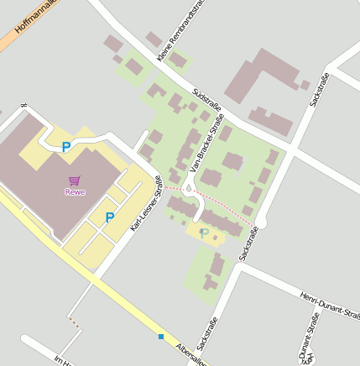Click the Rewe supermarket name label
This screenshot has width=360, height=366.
click(x=75, y=191)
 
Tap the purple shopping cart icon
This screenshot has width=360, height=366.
click(x=75, y=180)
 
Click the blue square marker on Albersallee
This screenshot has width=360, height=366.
click(x=160, y=337)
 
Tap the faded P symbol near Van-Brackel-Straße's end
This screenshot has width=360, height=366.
click(x=203, y=233)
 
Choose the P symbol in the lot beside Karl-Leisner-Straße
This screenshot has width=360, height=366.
click(x=109, y=217)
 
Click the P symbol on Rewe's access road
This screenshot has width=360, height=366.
click(x=66, y=148)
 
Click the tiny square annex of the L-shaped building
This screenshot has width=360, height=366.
click(x=305, y=84)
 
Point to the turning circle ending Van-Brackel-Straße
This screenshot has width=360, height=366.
click(x=189, y=191)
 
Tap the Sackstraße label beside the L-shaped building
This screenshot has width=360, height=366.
click(x=319, y=89)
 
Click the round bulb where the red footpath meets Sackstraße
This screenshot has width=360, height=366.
click(x=260, y=222)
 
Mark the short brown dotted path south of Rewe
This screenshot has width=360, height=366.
click(x=74, y=321)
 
